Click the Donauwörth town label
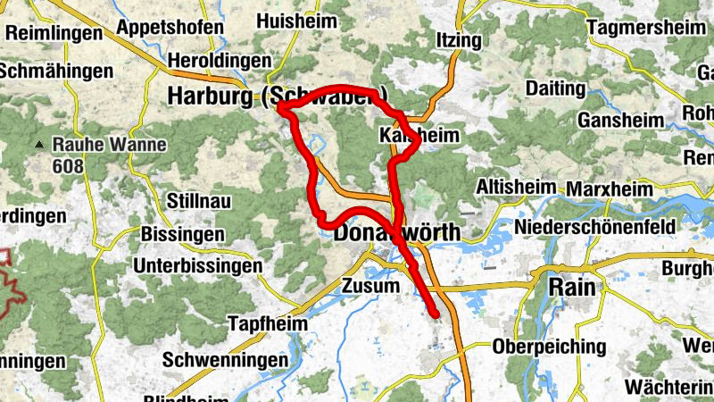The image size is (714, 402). click(x=397, y=233)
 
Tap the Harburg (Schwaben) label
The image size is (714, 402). click(x=278, y=96)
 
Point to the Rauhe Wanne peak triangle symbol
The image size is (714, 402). click(x=40, y=144)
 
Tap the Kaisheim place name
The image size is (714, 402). click(x=419, y=136)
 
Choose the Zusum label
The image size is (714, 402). click(x=370, y=286)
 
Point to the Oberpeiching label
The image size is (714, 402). click(x=549, y=347)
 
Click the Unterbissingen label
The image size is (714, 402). click(x=198, y=265)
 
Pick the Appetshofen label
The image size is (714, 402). click(x=170, y=27)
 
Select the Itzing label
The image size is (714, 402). click(x=459, y=40)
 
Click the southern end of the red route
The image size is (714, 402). click(x=436, y=314)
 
